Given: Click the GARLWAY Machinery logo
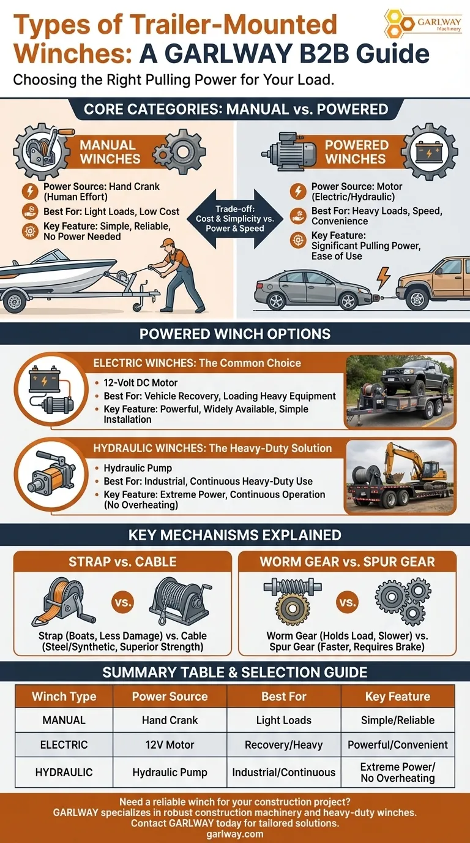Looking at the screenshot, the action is click(423, 23).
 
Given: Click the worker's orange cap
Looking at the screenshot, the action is click(166, 243).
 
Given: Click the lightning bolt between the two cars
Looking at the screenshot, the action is click(384, 278).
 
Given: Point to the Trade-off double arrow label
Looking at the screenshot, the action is click(235, 219).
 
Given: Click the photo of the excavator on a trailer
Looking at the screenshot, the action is click(400, 477).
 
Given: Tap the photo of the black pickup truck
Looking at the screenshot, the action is click(400, 391).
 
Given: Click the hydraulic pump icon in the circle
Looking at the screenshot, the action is click(51, 475).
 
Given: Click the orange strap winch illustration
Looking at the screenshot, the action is click(64, 602).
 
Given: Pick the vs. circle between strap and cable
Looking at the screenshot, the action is click(122, 602).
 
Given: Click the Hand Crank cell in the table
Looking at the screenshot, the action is click(170, 720).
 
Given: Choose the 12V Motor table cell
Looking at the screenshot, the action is click(170, 744).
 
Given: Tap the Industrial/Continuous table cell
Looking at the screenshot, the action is click(284, 773).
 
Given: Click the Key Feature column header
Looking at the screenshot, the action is click(398, 696).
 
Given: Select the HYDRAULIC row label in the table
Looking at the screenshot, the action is click(64, 773).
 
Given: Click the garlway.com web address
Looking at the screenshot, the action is click(235, 834).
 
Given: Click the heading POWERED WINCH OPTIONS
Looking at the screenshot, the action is click(235, 334).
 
